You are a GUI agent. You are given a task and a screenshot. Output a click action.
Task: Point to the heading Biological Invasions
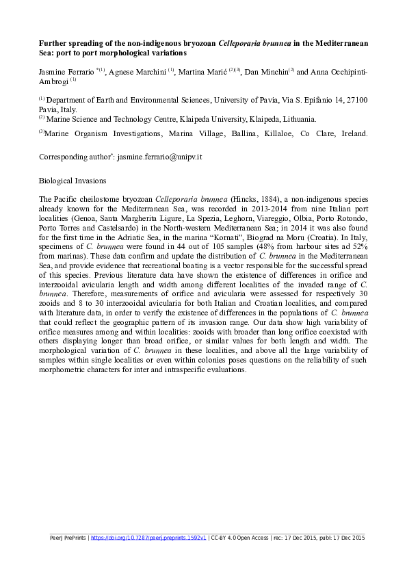[x=73, y=182]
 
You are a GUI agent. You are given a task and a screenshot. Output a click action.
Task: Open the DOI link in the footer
[x=148, y=538]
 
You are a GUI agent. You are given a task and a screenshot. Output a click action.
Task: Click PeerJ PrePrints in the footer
[x=68, y=538]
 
